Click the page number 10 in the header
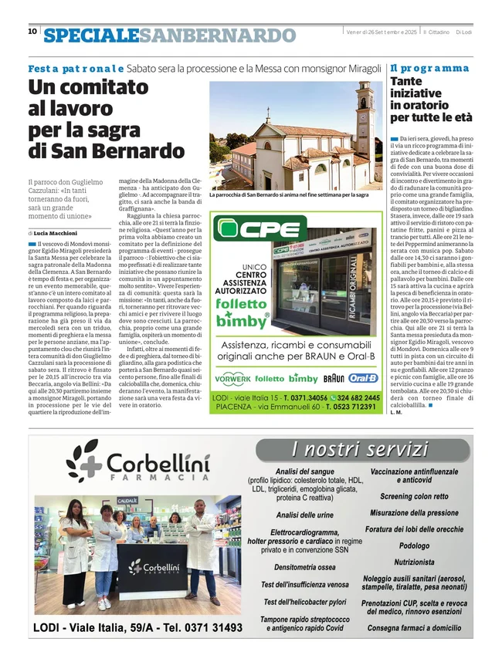point(32,32)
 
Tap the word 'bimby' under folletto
point(242,322)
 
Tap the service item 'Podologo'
point(414,545)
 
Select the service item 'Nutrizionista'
point(414,562)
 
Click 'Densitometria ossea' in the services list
point(304,567)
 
